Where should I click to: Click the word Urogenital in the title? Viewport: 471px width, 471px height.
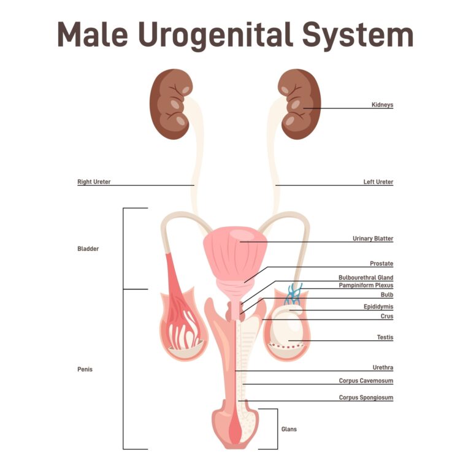(x=215, y=36)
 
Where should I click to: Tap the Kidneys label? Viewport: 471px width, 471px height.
(x=382, y=104)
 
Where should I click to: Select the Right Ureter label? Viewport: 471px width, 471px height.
(x=94, y=182)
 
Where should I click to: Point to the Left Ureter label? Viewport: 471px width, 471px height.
(x=378, y=182)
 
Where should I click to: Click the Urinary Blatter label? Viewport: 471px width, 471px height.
(x=373, y=239)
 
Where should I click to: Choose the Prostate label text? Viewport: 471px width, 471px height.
(x=381, y=264)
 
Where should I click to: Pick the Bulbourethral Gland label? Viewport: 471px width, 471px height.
(x=366, y=278)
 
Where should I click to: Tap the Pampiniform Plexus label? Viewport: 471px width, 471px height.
(x=366, y=285)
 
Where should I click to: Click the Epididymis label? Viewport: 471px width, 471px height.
(x=378, y=307)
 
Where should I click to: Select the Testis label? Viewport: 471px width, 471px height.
(x=385, y=337)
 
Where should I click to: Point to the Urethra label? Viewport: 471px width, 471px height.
(x=383, y=367)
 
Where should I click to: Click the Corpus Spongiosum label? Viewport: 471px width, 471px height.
(x=366, y=397)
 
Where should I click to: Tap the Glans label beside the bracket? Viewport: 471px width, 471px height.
(x=289, y=429)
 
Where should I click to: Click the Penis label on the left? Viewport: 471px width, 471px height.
(x=85, y=369)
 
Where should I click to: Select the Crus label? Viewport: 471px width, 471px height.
(x=387, y=316)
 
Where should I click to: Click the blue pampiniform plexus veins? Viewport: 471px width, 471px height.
(x=294, y=294)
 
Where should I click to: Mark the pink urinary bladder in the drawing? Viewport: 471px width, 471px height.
(x=235, y=252)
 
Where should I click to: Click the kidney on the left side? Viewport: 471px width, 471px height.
(x=171, y=104)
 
